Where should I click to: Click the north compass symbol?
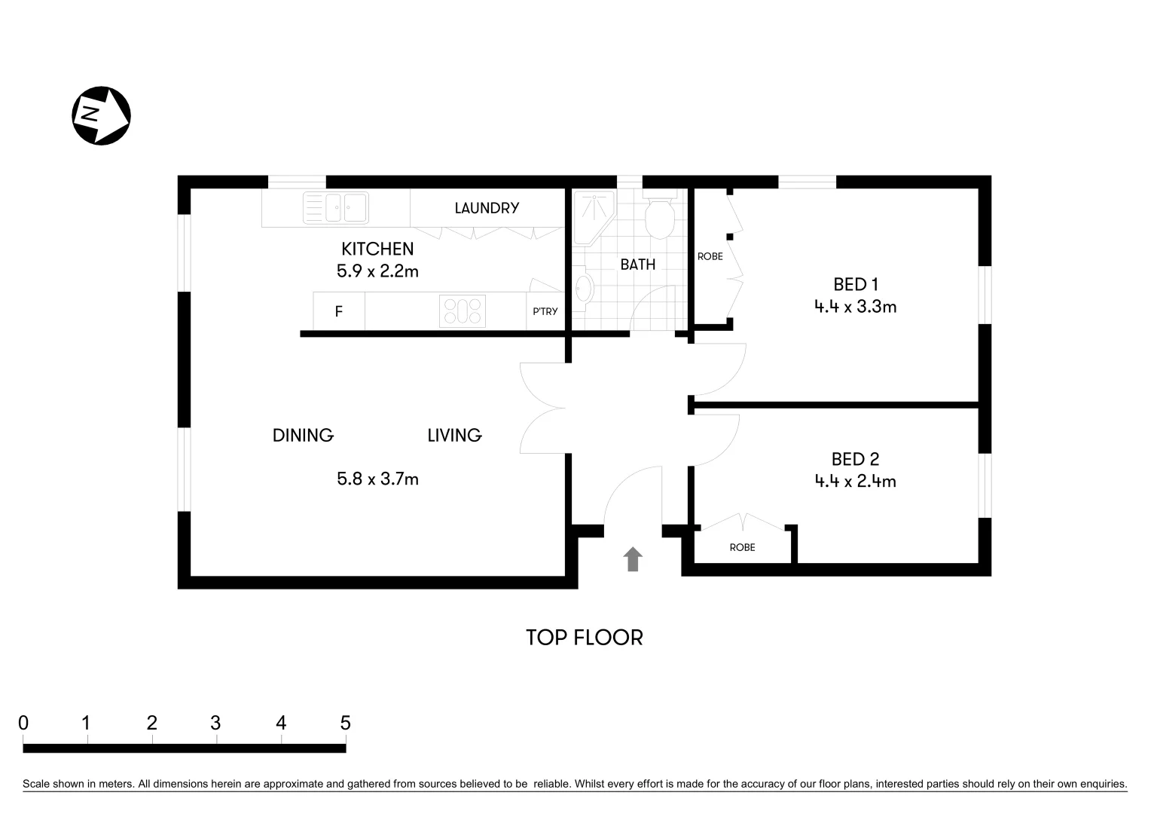point(101,115)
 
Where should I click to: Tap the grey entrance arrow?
point(633,559)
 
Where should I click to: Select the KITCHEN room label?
point(377,249)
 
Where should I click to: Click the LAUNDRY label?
point(487,208)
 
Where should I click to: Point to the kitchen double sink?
point(335,208)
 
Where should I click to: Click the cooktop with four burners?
point(463,311)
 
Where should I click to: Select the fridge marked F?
point(339,311)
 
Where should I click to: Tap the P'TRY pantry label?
point(545,311)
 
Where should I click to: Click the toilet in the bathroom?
point(661,217)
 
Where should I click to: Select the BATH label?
point(637,265)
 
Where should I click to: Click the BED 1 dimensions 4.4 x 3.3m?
point(855,307)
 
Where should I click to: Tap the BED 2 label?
point(855,459)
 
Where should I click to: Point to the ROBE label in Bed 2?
point(742,547)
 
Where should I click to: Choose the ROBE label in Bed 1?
point(710,256)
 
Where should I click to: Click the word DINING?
point(303,435)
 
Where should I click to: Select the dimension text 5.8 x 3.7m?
point(377,479)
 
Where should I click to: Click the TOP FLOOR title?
point(584,638)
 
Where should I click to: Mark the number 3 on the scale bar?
point(215,723)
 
